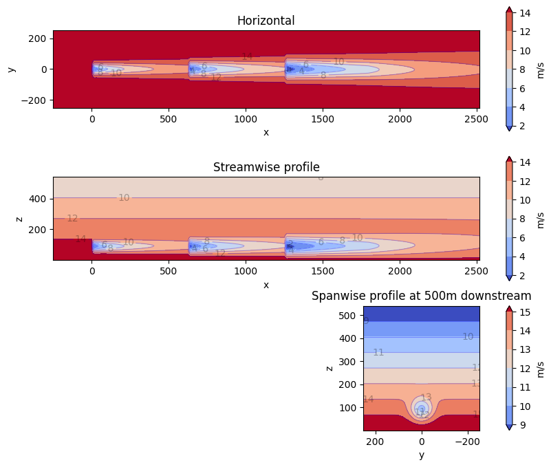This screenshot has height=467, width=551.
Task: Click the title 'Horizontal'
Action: [266, 21]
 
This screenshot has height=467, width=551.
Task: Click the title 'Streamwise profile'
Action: [266, 167]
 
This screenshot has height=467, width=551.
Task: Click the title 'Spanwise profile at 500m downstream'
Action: [421, 296]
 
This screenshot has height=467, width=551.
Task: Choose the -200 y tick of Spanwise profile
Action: [468, 442]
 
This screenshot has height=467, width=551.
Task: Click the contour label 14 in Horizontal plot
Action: [247, 56]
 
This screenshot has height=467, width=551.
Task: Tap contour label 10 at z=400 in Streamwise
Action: [124, 198]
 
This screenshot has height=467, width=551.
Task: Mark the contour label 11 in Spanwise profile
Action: [378, 352]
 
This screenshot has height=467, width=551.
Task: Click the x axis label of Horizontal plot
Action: [266, 132]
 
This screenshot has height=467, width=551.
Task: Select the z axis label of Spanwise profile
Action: [329, 368]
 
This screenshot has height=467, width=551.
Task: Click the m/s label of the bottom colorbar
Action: [540, 369]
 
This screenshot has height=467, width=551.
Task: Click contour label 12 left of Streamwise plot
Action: [72, 218]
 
